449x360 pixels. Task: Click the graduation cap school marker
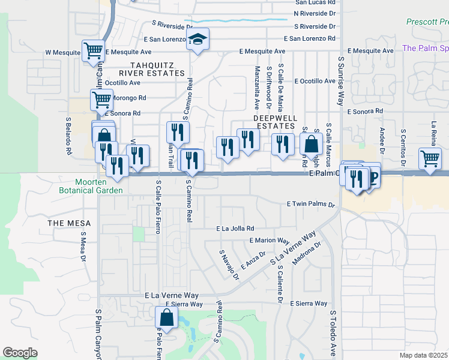click(x=197, y=40)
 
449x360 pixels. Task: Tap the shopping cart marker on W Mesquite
click(x=93, y=51)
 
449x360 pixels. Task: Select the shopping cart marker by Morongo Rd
click(x=101, y=99)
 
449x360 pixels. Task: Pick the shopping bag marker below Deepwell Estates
click(x=312, y=145)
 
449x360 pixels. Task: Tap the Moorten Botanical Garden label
click(x=99, y=186)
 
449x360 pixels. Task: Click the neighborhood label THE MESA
click(x=69, y=223)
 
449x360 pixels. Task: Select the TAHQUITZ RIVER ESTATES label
click(x=158, y=68)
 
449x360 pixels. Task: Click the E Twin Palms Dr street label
click(x=311, y=205)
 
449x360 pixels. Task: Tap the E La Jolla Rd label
click(x=235, y=229)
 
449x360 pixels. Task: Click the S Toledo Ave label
click(x=333, y=333)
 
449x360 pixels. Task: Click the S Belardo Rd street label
click(x=68, y=136)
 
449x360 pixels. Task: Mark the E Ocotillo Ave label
click(x=315, y=81)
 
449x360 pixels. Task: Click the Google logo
click(x=20, y=352)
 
